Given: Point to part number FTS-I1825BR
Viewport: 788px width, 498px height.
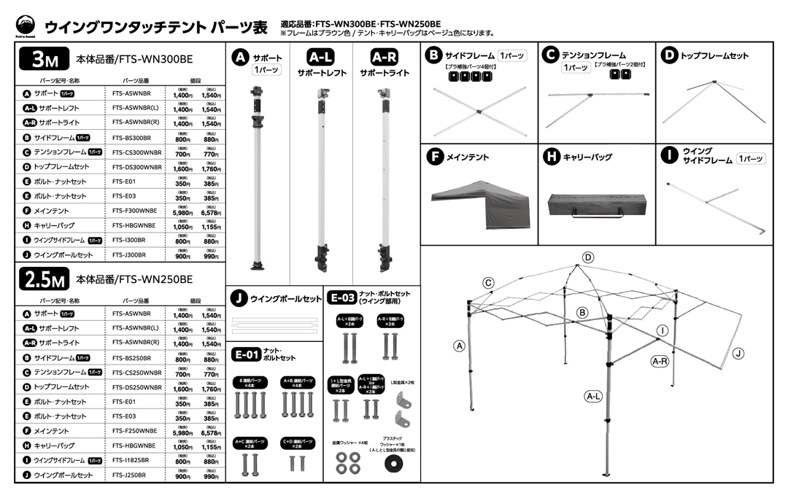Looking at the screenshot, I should point(131,461).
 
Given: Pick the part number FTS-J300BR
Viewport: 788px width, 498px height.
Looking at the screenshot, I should point(130,255).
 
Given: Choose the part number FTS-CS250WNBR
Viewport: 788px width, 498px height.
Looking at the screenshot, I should point(137,373).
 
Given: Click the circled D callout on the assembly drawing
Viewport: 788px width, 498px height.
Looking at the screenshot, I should point(588,257).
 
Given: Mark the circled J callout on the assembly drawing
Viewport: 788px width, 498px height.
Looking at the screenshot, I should point(738,354).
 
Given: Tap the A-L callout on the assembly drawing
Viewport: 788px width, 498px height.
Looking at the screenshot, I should point(593,397).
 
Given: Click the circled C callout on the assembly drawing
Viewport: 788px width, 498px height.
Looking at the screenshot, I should point(489,283).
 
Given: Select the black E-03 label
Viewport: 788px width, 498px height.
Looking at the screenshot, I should point(343,297).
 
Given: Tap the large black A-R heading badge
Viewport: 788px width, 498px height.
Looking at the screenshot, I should point(385,57).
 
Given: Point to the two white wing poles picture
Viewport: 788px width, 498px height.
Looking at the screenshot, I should point(275,325).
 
